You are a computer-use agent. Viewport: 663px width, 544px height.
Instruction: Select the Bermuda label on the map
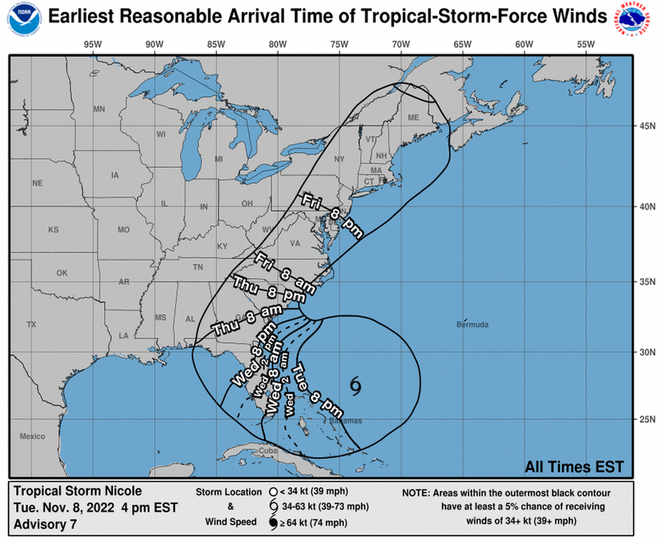472,324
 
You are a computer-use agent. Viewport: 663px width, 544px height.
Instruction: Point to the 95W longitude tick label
92,44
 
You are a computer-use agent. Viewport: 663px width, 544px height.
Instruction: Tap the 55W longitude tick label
586,44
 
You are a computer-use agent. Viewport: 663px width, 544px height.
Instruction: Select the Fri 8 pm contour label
332,215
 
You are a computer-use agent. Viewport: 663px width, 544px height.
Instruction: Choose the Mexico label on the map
32,436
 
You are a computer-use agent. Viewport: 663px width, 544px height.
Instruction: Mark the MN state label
99,109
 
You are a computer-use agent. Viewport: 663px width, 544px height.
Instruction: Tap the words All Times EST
573,467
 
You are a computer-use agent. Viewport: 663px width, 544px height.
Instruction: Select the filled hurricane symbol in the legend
273,522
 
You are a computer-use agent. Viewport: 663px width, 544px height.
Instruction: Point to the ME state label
413,117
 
